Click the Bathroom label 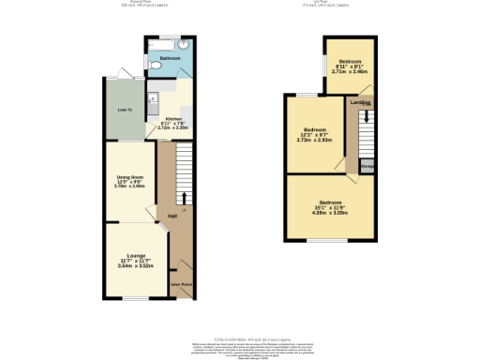(x=170, y=58)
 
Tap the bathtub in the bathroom (x=161, y=45)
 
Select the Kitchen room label (x=173, y=118)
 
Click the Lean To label (x=124, y=111)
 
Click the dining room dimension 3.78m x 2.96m (x=129, y=186)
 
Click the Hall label (x=172, y=217)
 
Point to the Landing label (x=359, y=102)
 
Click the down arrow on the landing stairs (x=367, y=119)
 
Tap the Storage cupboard (x=367, y=168)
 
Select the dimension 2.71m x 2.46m (x=350, y=69)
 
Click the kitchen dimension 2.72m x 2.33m (x=173, y=127)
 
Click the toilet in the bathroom (x=184, y=43)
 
